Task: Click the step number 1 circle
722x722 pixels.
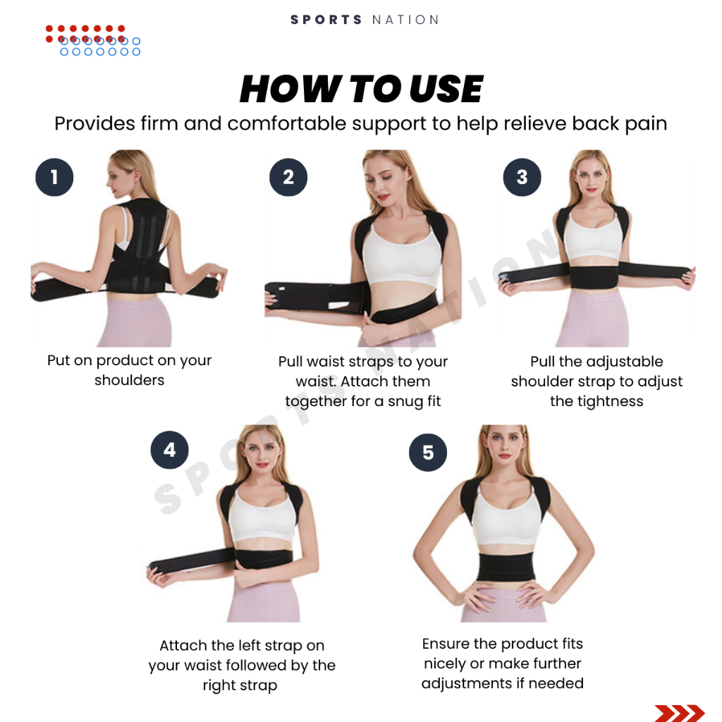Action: tap(54, 177)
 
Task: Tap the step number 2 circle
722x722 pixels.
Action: tap(288, 177)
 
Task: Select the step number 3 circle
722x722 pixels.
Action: tap(522, 177)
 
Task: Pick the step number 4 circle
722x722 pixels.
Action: tap(169, 450)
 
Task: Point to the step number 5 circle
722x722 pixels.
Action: tap(428, 452)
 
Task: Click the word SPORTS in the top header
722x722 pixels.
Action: tap(326, 20)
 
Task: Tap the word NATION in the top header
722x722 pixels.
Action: tap(405, 20)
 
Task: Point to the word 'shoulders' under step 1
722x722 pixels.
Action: tap(130, 380)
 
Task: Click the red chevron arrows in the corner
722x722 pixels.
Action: tap(679, 713)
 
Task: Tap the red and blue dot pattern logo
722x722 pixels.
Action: tap(93, 40)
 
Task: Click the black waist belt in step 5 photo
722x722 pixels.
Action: tap(506, 568)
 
